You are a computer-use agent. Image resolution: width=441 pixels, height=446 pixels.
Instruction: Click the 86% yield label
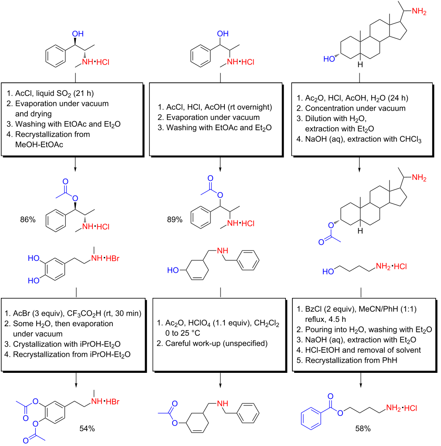click(x=27, y=220)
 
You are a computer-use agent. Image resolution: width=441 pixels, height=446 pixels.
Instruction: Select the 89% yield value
click(x=175, y=220)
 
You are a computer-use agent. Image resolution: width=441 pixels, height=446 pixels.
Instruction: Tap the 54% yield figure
click(x=87, y=429)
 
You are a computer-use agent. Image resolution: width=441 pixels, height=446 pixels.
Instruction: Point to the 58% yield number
click(x=363, y=429)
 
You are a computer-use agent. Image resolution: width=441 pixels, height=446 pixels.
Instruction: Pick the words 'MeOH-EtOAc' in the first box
click(x=39, y=145)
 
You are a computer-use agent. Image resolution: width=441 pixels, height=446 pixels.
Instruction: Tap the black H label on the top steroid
click(x=360, y=65)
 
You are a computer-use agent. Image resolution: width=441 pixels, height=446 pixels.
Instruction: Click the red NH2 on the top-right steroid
click(x=419, y=11)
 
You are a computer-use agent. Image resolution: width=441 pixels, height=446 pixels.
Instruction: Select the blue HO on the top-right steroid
click(x=329, y=59)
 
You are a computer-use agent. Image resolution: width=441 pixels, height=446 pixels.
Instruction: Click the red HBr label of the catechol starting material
click(x=113, y=258)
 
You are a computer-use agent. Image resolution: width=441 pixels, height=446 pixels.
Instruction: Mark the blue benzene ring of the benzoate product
click(x=311, y=418)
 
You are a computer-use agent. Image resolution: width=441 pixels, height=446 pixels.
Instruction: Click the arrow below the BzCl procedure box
click(x=361, y=379)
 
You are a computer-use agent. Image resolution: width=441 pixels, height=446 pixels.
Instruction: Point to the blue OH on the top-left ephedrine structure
click(x=78, y=34)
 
